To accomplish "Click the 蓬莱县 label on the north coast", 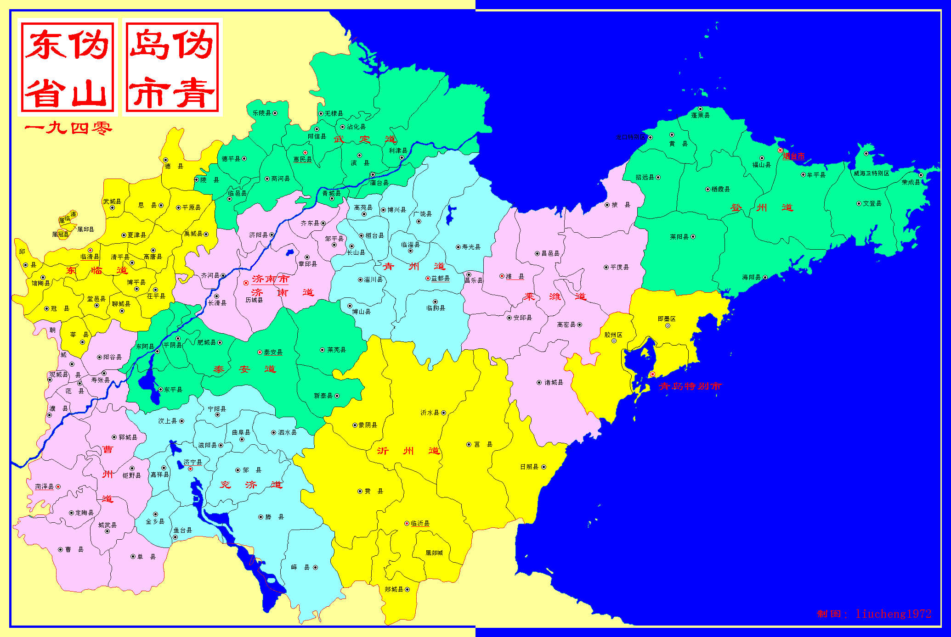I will (x=700, y=115).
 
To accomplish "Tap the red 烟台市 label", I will (x=794, y=156).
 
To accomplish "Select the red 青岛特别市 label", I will (x=690, y=386).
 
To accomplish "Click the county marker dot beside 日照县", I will (x=543, y=467).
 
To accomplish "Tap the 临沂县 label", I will (x=420, y=523).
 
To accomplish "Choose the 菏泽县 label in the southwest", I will (x=45, y=486).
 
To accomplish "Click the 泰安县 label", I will (x=273, y=352).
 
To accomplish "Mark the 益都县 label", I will (x=440, y=278).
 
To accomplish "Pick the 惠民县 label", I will (x=302, y=159).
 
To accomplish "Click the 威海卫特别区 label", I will (x=871, y=173).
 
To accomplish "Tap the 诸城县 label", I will (x=554, y=382).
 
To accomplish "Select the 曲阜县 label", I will (x=241, y=432).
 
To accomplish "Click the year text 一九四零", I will (x=68, y=128).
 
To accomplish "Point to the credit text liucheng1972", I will (x=893, y=614).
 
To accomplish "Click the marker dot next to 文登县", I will (x=859, y=203).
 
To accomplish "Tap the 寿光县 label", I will (x=471, y=247).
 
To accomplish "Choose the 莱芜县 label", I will (x=336, y=350).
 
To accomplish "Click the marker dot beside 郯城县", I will (x=407, y=589).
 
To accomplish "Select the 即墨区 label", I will (x=667, y=318).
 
